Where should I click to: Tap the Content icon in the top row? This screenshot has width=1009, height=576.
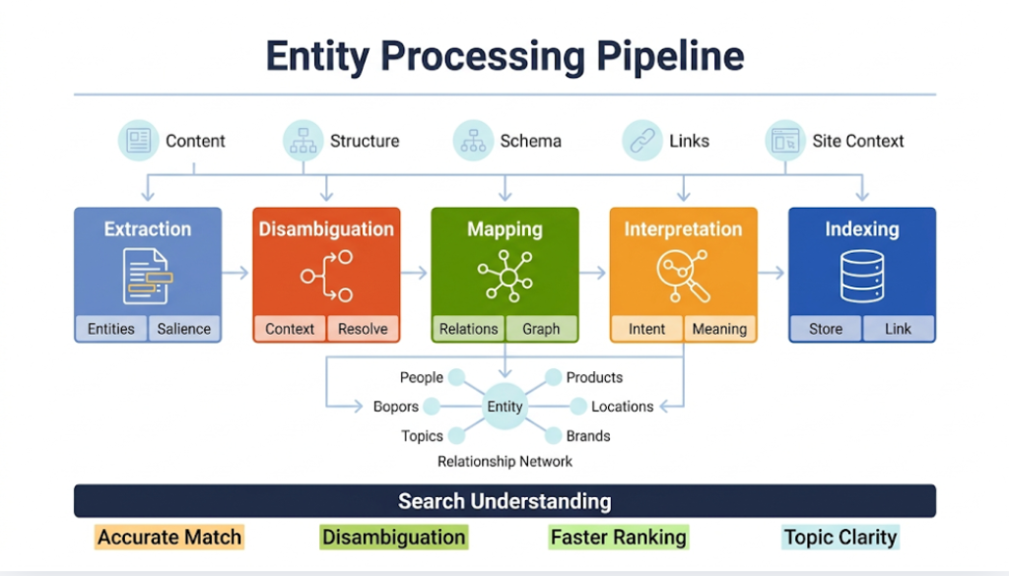tap(138, 141)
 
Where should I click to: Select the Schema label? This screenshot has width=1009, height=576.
tap(530, 141)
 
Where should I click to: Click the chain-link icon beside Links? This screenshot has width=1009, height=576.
tap(641, 141)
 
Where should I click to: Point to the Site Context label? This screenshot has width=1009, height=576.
tap(857, 141)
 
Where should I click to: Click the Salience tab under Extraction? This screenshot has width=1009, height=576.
tap(184, 329)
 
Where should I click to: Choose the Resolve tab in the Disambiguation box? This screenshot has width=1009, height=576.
tap(363, 329)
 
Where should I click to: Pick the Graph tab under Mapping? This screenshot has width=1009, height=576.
tap(542, 329)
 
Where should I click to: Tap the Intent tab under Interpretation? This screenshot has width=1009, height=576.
tap(646, 329)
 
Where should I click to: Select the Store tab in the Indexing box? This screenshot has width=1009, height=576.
tap(826, 329)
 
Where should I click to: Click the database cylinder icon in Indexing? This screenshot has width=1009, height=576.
tap(862, 276)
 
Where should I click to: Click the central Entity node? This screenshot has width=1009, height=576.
tap(504, 407)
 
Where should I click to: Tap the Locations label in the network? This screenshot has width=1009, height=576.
tap(622, 407)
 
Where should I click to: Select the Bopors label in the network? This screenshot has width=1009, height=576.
tap(395, 407)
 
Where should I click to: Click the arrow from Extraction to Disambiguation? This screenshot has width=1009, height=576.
tap(236, 273)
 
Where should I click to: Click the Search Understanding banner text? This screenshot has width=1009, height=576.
tap(504, 501)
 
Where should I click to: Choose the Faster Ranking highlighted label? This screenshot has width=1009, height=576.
tap(618, 538)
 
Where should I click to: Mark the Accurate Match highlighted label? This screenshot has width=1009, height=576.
tap(168, 538)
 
